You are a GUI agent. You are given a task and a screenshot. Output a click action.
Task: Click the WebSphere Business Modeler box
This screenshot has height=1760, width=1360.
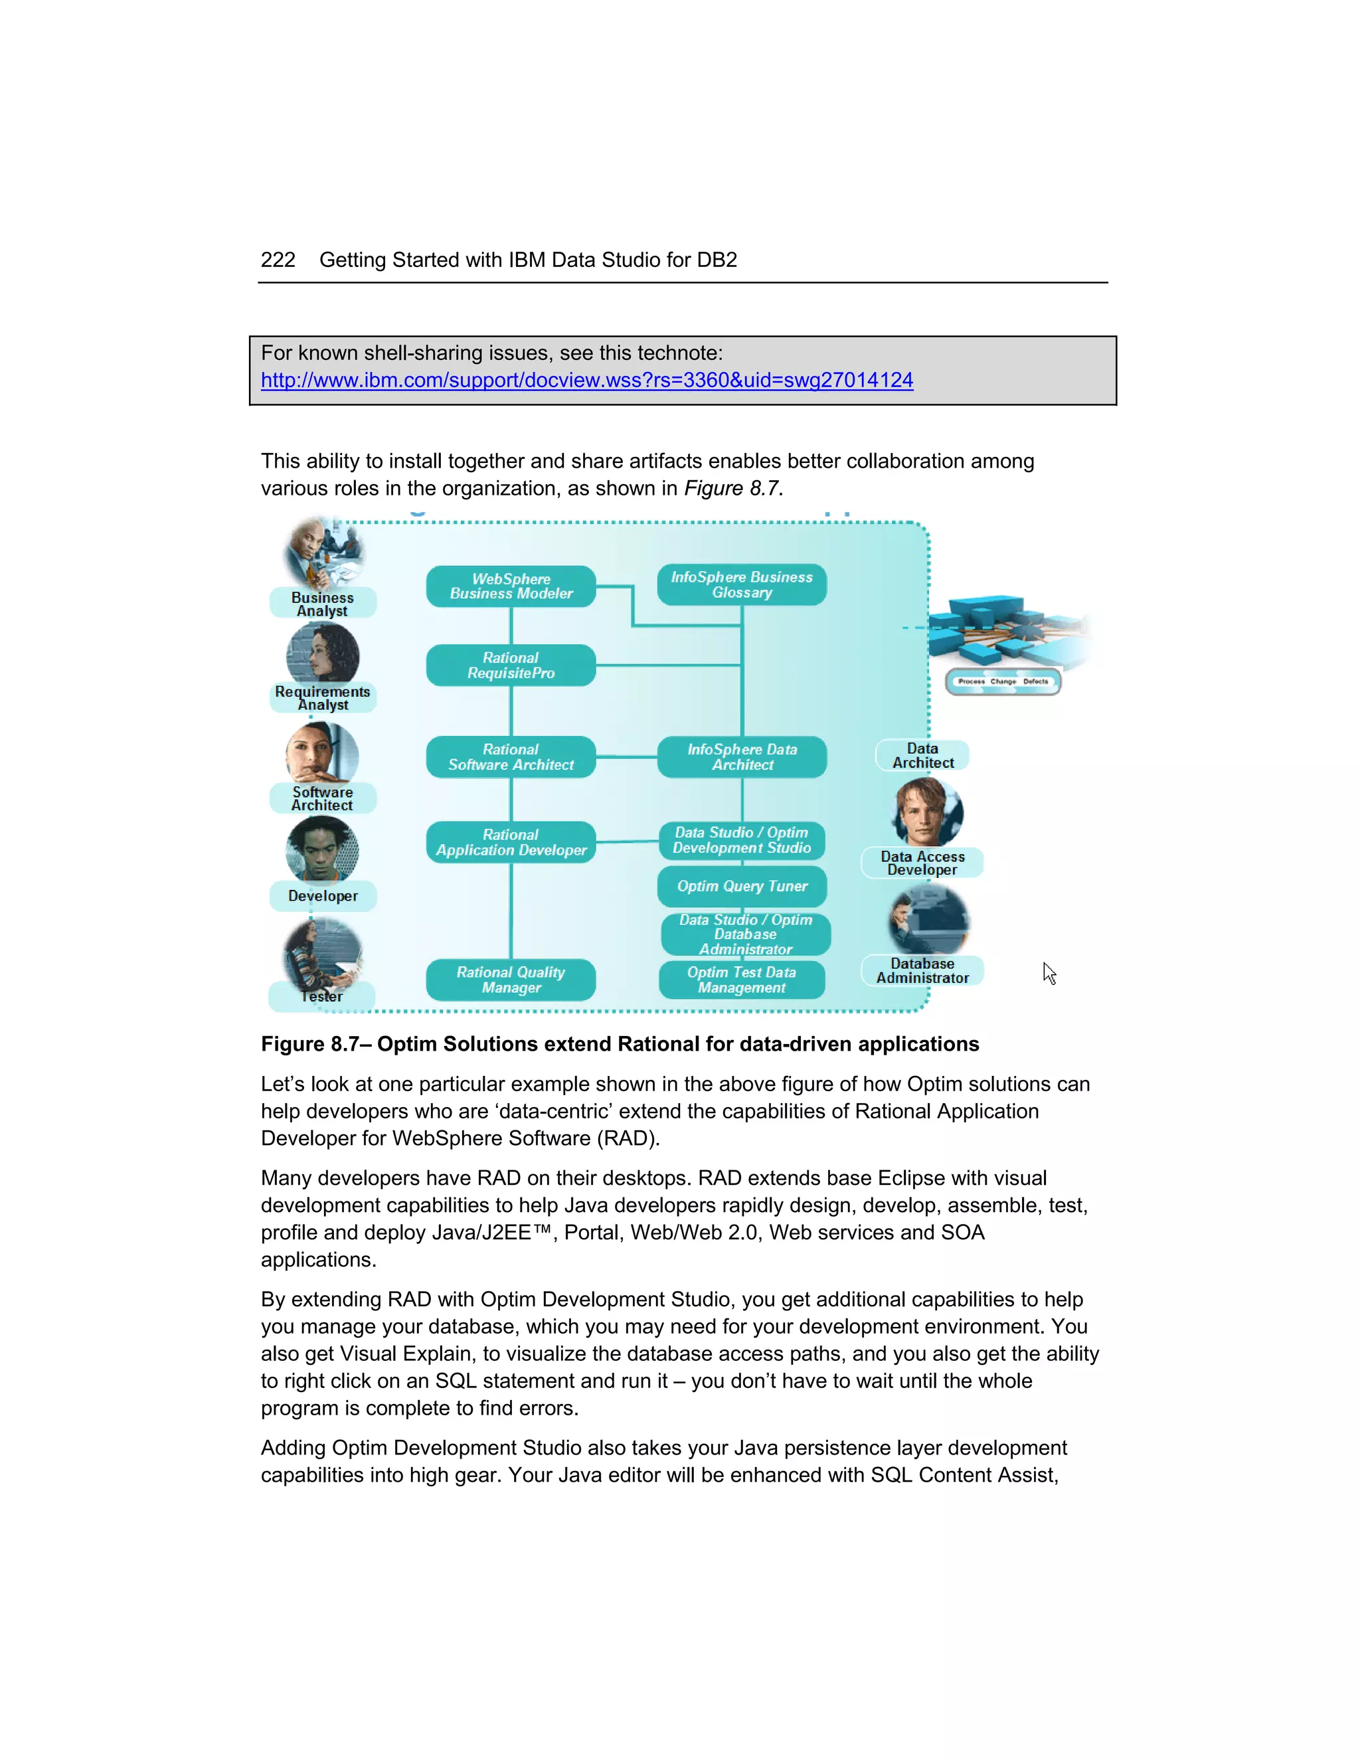[x=511, y=586]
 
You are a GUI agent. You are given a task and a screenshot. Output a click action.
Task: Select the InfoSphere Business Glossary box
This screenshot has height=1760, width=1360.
[x=741, y=584]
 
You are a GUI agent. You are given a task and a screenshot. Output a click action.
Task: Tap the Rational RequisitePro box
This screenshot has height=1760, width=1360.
[x=511, y=665]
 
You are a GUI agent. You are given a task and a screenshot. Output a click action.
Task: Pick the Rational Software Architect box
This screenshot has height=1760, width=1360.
[x=511, y=756]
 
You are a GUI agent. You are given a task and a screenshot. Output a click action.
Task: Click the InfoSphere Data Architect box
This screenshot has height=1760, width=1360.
[x=741, y=756]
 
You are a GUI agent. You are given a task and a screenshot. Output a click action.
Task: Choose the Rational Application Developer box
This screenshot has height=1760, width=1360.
[x=511, y=842]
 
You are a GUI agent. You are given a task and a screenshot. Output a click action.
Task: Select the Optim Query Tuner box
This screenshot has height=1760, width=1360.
[x=741, y=885]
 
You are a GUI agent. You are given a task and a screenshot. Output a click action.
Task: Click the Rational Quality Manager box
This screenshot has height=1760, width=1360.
[x=511, y=979]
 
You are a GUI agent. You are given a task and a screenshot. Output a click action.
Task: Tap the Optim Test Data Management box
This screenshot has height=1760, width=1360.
[x=741, y=979]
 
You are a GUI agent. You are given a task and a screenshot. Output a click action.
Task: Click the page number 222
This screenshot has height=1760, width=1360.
[x=278, y=260]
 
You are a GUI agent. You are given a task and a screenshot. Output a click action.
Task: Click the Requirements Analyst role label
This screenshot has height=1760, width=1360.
[x=322, y=698]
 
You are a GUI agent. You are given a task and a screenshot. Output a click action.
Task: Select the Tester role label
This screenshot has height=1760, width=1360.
[x=321, y=997]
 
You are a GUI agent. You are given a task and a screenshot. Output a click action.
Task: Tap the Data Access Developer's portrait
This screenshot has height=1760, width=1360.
[x=926, y=812]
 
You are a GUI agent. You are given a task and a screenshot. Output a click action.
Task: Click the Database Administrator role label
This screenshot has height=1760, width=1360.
[x=922, y=970]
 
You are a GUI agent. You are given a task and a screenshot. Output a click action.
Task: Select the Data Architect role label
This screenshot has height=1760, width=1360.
[x=922, y=755]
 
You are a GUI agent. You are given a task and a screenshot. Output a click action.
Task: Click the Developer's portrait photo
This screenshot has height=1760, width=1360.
[x=322, y=849]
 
